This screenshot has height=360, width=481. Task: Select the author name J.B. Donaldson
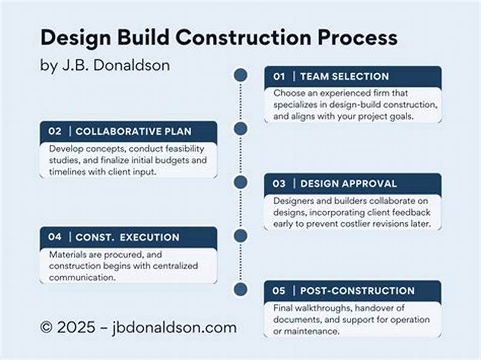pos(114,66)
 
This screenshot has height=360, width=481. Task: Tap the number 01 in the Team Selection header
pos(279,76)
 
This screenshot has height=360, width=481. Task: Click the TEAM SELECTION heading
pos(345,76)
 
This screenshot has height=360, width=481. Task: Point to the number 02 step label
pos(55,131)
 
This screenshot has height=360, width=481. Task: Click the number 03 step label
pos(279,183)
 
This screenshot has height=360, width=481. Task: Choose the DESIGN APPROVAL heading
pos(349,183)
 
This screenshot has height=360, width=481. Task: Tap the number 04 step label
pos(55,237)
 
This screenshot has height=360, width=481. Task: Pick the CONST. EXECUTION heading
pos(127,237)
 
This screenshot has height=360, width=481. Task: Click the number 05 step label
pos(279,291)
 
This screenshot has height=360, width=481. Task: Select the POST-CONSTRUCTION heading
pos(357,291)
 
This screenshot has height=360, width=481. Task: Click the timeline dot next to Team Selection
pos(240,75)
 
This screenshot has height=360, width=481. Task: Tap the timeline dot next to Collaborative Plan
pos(240,129)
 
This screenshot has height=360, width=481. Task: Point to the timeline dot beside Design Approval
pos(240,182)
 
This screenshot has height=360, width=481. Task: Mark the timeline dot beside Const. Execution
pos(240,235)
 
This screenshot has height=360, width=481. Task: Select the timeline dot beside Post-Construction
pos(240,289)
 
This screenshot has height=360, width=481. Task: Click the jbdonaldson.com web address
pos(174,328)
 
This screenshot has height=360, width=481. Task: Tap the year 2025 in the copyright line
pos(74,328)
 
